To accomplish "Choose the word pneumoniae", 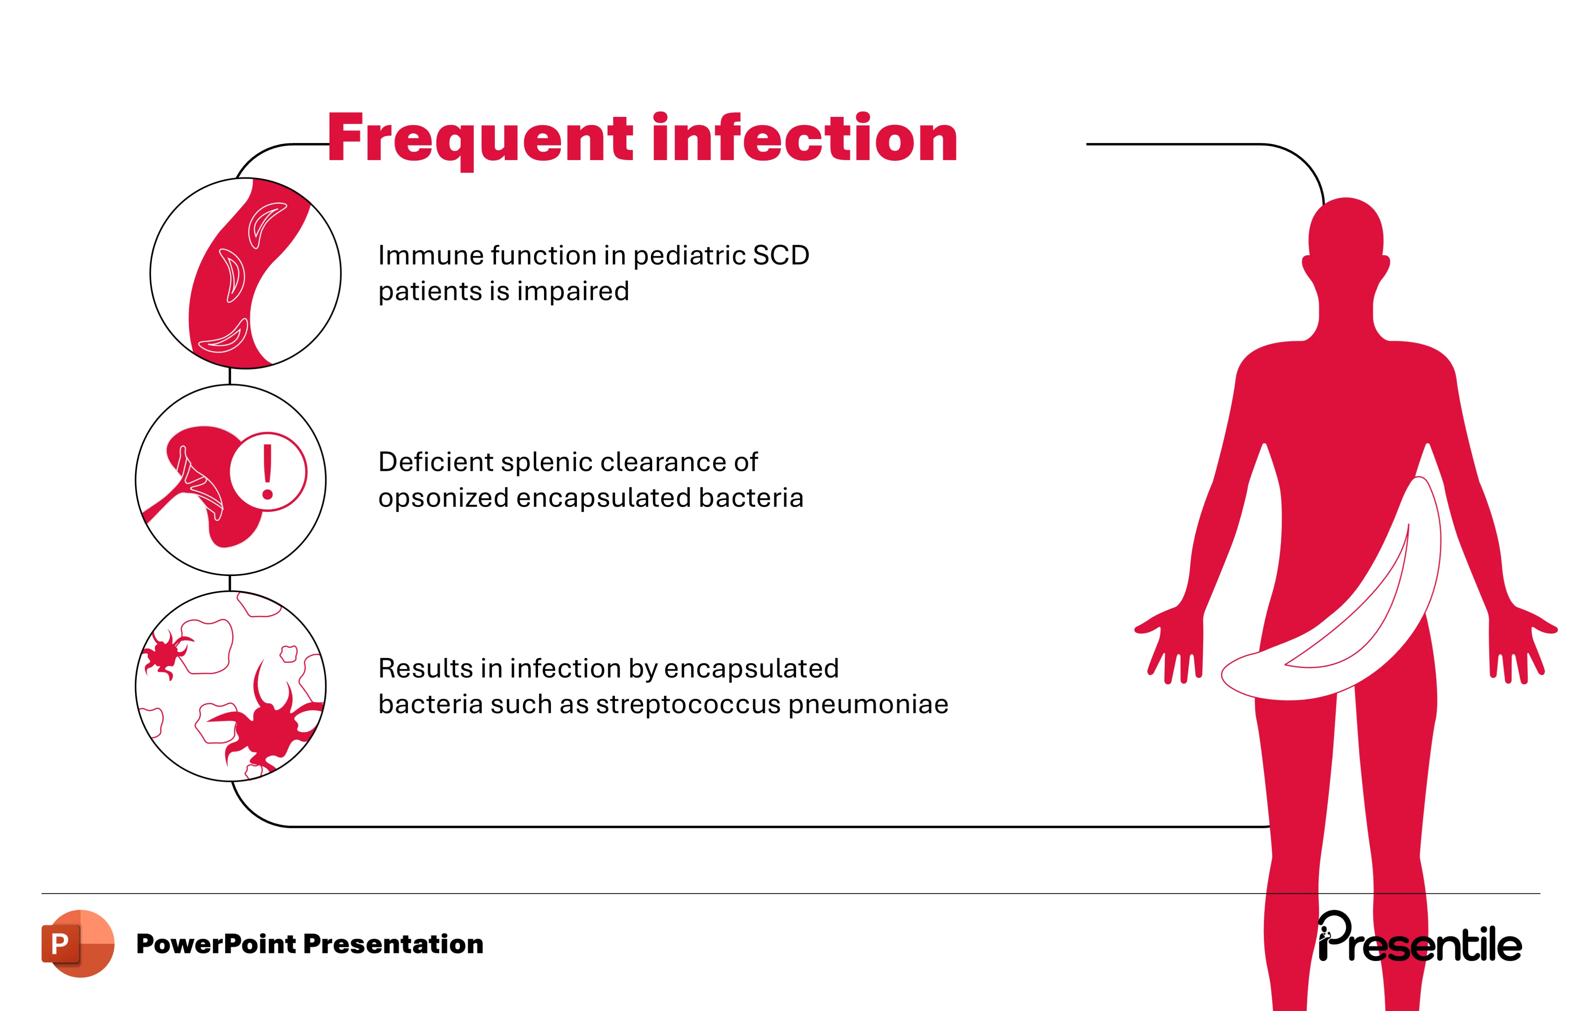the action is click(868, 705).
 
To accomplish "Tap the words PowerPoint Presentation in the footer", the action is click(309, 944).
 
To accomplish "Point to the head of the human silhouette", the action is click(1346, 234).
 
